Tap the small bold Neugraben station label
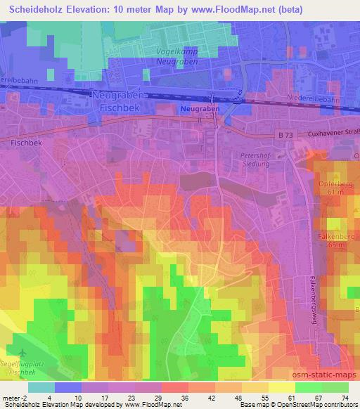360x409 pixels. tap(200, 110)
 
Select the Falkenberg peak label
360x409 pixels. tap(335, 240)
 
